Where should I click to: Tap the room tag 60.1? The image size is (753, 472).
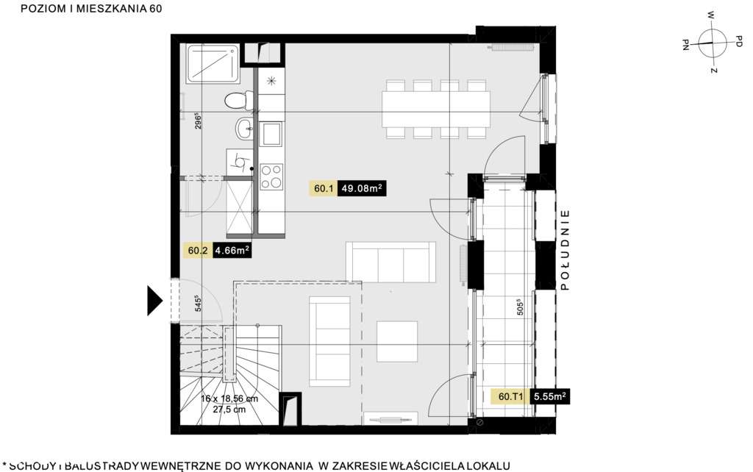324,189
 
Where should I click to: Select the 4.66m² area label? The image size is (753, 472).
228,251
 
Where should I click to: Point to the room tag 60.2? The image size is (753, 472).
198,251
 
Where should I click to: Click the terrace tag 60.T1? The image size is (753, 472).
510,397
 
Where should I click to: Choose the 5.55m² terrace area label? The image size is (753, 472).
551,397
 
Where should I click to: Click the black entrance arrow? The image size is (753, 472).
154,300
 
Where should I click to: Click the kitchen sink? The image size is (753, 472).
271,134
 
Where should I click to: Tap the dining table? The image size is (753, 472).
435,109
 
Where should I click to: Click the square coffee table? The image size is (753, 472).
397,342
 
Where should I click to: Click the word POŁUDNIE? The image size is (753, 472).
565,251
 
